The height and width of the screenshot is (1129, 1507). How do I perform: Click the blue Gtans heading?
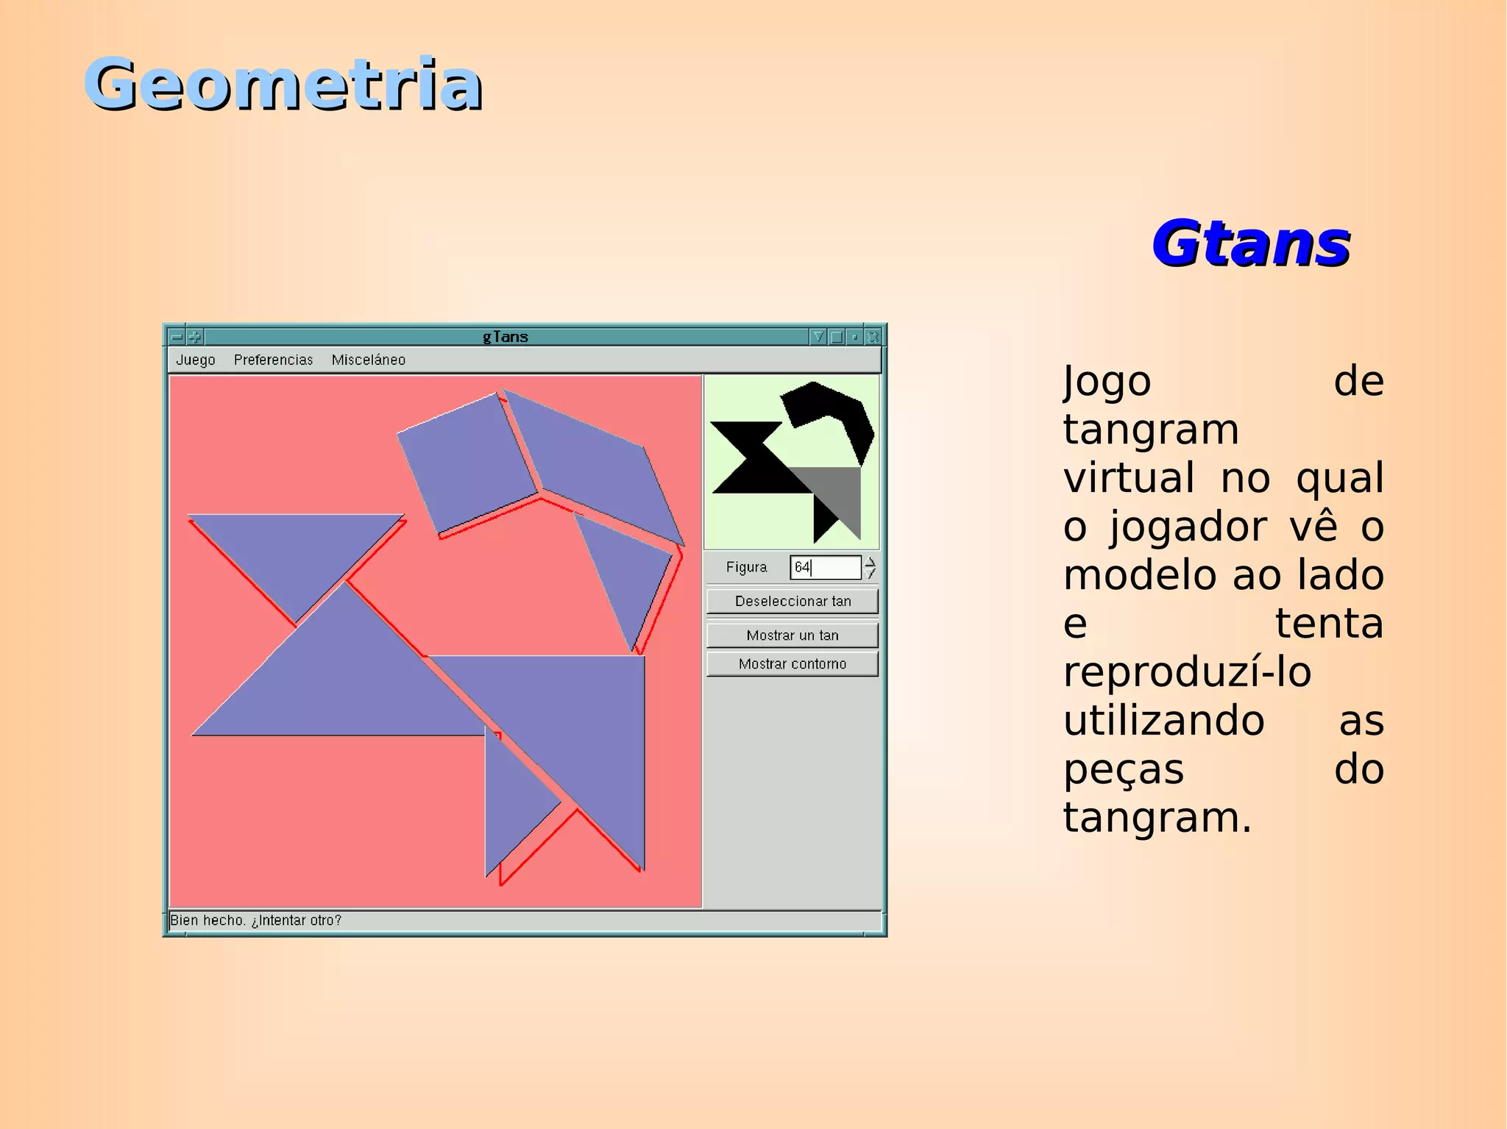click(1250, 243)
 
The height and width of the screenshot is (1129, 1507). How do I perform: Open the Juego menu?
click(195, 360)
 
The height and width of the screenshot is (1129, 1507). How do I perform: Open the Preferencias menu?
click(273, 360)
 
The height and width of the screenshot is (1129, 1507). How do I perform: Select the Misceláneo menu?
click(368, 360)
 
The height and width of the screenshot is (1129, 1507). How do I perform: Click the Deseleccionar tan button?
click(792, 601)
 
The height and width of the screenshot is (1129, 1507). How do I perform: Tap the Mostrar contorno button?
click(792, 663)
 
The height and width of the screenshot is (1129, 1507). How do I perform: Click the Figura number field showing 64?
click(825, 567)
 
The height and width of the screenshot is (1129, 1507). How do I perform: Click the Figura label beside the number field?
click(746, 567)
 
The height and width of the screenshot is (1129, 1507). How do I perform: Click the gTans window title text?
click(506, 337)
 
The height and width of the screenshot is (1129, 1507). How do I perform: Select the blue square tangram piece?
click(467, 462)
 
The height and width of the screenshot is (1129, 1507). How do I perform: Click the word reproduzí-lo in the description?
click(1187, 672)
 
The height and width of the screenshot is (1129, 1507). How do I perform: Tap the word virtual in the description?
click(1129, 478)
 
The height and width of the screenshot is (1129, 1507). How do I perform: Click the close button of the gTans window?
click(873, 337)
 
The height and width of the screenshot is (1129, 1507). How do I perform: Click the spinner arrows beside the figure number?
click(870, 567)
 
